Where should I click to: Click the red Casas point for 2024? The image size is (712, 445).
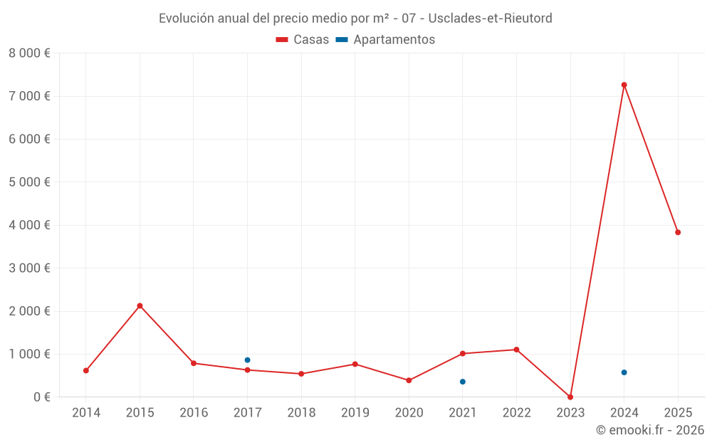tap(624, 85)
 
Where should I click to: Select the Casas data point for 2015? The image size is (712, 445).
tap(140, 305)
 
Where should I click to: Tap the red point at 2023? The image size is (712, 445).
tap(570, 397)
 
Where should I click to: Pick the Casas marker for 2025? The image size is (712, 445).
tap(678, 232)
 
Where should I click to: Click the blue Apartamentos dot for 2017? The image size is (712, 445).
tap(247, 360)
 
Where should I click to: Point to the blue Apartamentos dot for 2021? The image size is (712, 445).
tap(463, 382)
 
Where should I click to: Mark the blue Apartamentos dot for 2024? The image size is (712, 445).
tap(624, 372)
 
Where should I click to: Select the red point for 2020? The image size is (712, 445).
tap(409, 380)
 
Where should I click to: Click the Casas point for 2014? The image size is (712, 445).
tap(86, 370)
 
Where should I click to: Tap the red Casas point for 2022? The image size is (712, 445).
tap(516, 350)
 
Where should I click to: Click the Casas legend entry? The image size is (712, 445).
tap(303, 40)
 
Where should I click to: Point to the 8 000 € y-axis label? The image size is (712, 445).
tap(29, 53)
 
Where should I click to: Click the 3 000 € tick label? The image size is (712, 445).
tap(29, 268)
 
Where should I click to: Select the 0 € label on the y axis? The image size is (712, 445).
tap(38, 397)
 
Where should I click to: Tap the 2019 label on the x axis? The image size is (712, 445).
tap(355, 412)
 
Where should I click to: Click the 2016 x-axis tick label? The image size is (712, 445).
tap(194, 412)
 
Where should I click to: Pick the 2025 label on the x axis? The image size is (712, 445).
tap(678, 412)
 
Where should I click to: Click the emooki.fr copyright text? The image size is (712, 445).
tap(650, 430)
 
